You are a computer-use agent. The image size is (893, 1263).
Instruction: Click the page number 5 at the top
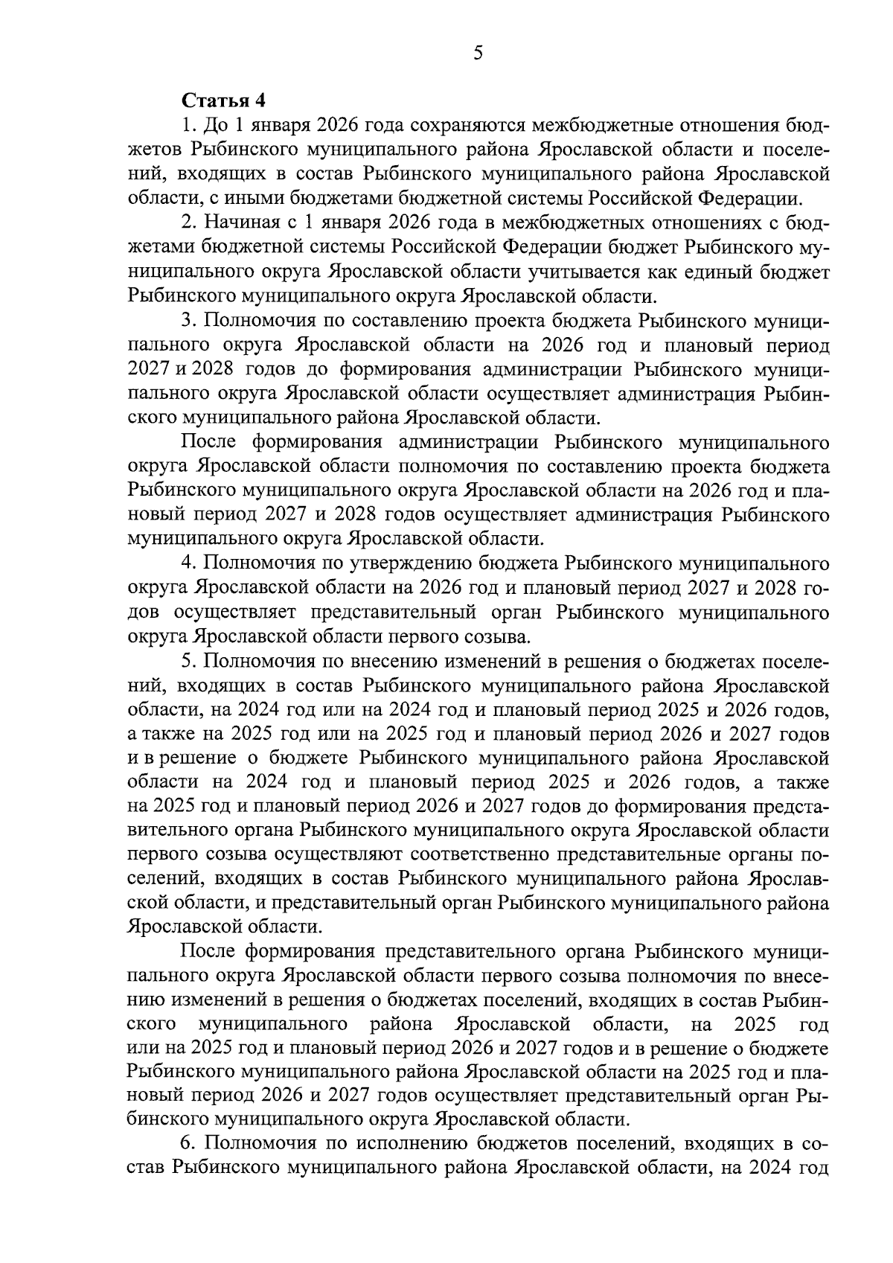477,53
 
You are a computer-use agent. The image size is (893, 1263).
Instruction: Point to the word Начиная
238,223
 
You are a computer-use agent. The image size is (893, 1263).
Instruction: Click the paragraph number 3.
188,320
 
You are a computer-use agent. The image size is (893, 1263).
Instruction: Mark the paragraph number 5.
188,661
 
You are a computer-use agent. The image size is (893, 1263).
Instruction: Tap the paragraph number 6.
188,1143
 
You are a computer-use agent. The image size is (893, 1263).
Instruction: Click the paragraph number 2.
188,223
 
